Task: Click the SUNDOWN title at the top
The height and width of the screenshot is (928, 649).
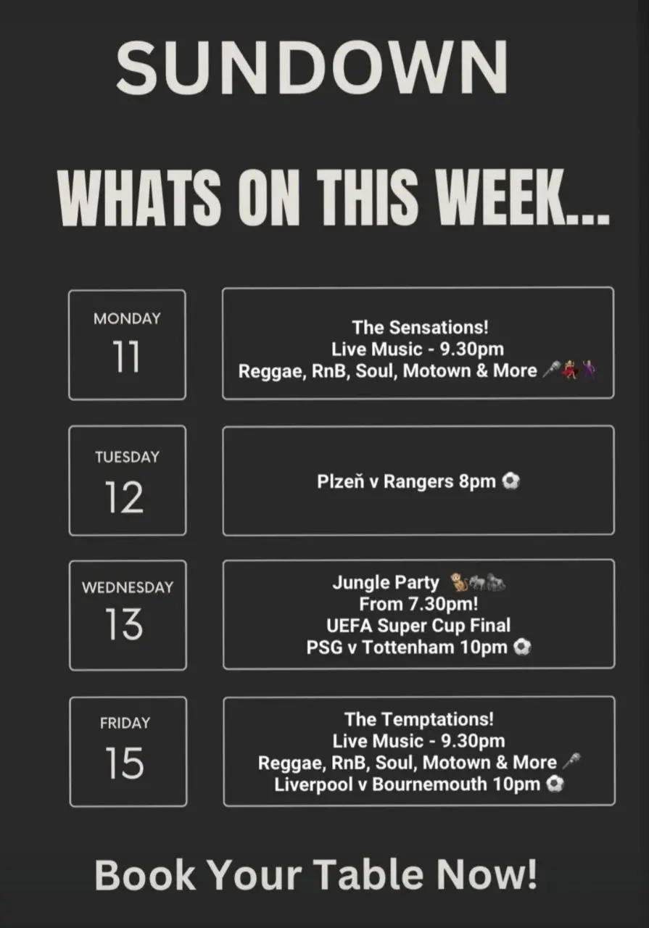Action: tap(312, 67)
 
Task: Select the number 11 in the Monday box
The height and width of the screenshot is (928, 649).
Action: tap(126, 357)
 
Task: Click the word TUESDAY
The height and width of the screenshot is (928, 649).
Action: tap(127, 457)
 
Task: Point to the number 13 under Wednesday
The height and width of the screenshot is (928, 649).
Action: tap(123, 624)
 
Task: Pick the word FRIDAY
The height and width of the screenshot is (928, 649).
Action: tap(125, 723)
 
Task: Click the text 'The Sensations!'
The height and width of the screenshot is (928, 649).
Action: tap(421, 327)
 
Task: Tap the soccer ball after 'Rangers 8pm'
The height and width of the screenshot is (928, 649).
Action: tap(511, 481)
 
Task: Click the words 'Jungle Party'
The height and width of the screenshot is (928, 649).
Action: tap(386, 583)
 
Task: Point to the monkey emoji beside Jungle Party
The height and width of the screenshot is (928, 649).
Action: tap(459, 581)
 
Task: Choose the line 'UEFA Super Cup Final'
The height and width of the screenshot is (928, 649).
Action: tap(418, 626)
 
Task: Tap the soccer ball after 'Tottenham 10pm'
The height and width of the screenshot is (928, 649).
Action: tap(522, 647)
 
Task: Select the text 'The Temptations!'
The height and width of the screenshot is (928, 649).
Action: tap(419, 719)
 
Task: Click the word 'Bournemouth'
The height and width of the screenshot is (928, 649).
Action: tap(429, 784)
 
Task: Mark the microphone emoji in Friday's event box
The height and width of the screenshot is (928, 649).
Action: tap(571, 761)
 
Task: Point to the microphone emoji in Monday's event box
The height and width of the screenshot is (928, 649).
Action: tap(552, 370)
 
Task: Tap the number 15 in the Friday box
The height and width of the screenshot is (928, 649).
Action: tap(124, 763)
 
